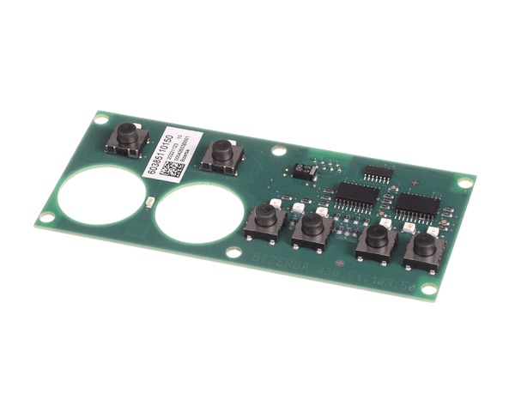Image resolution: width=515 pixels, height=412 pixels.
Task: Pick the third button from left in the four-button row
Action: tap(375, 240)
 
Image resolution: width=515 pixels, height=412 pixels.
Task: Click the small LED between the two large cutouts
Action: tap(148, 203)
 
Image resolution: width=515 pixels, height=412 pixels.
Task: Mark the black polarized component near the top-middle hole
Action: tap(304, 170)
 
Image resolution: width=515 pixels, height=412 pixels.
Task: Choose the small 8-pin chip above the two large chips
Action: tap(377, 173)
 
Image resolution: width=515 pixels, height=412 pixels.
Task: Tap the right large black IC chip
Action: tap(417, 206)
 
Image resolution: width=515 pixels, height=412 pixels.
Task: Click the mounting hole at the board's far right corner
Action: tap(464, 182)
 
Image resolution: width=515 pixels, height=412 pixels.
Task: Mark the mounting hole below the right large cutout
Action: tap(233, 252)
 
